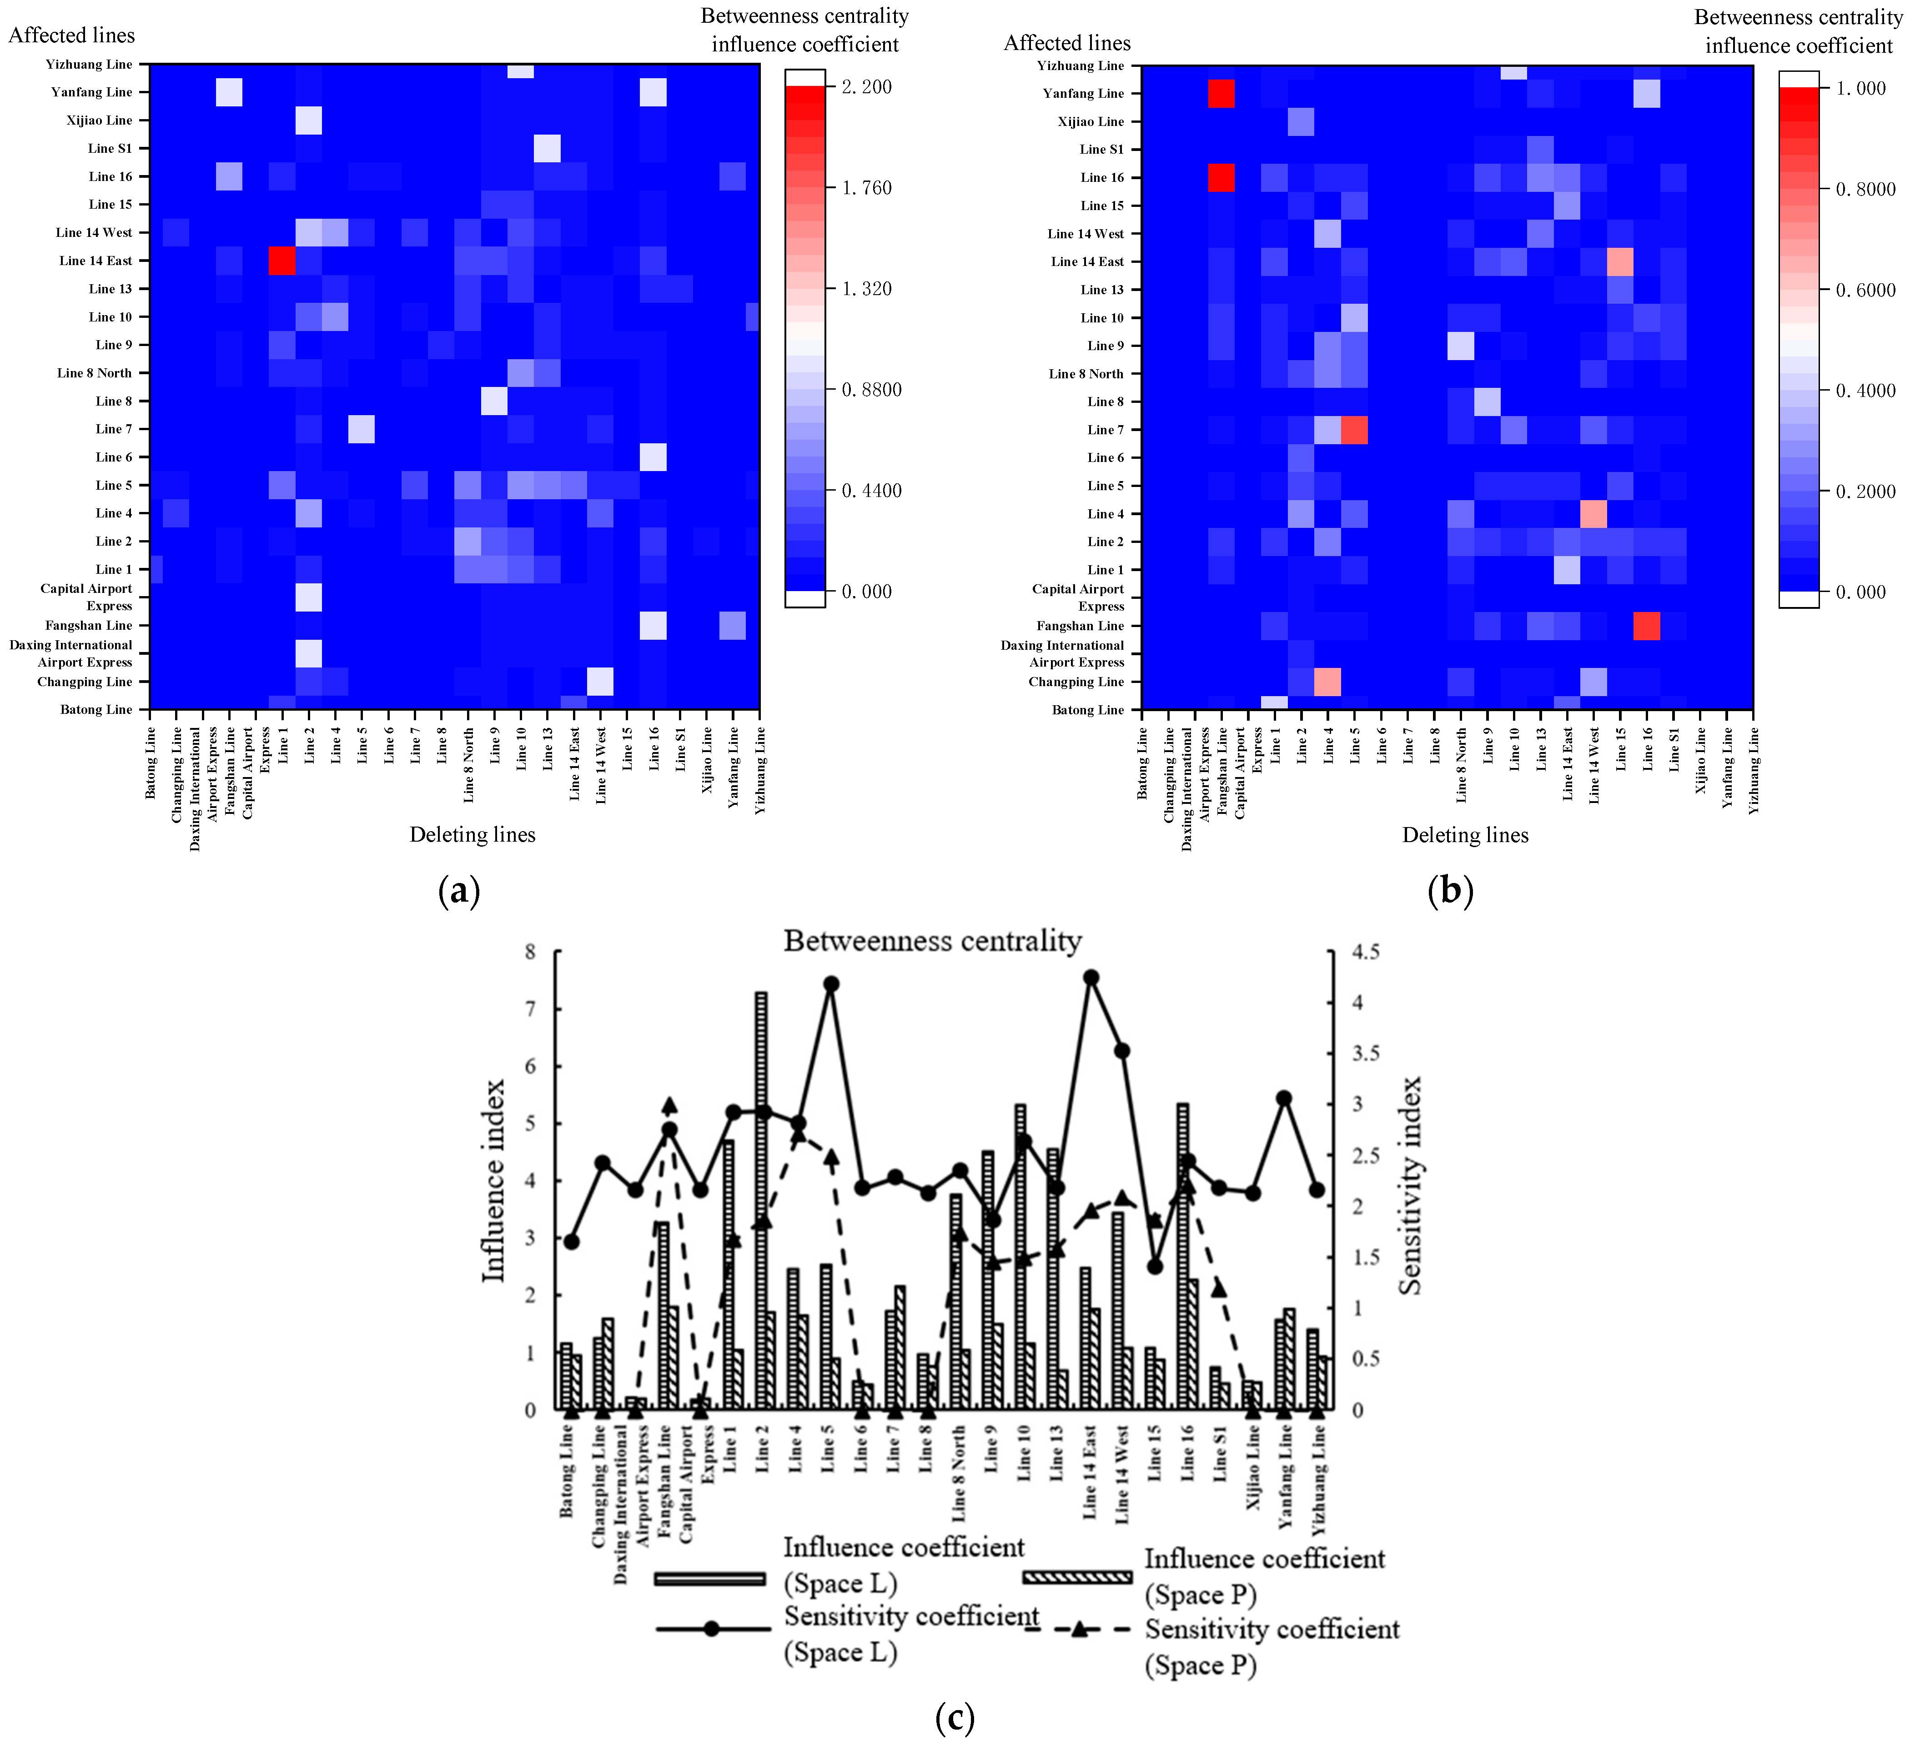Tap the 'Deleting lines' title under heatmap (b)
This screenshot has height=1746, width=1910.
click(1465, 835)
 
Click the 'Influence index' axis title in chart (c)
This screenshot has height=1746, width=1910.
click(493, 1180)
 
